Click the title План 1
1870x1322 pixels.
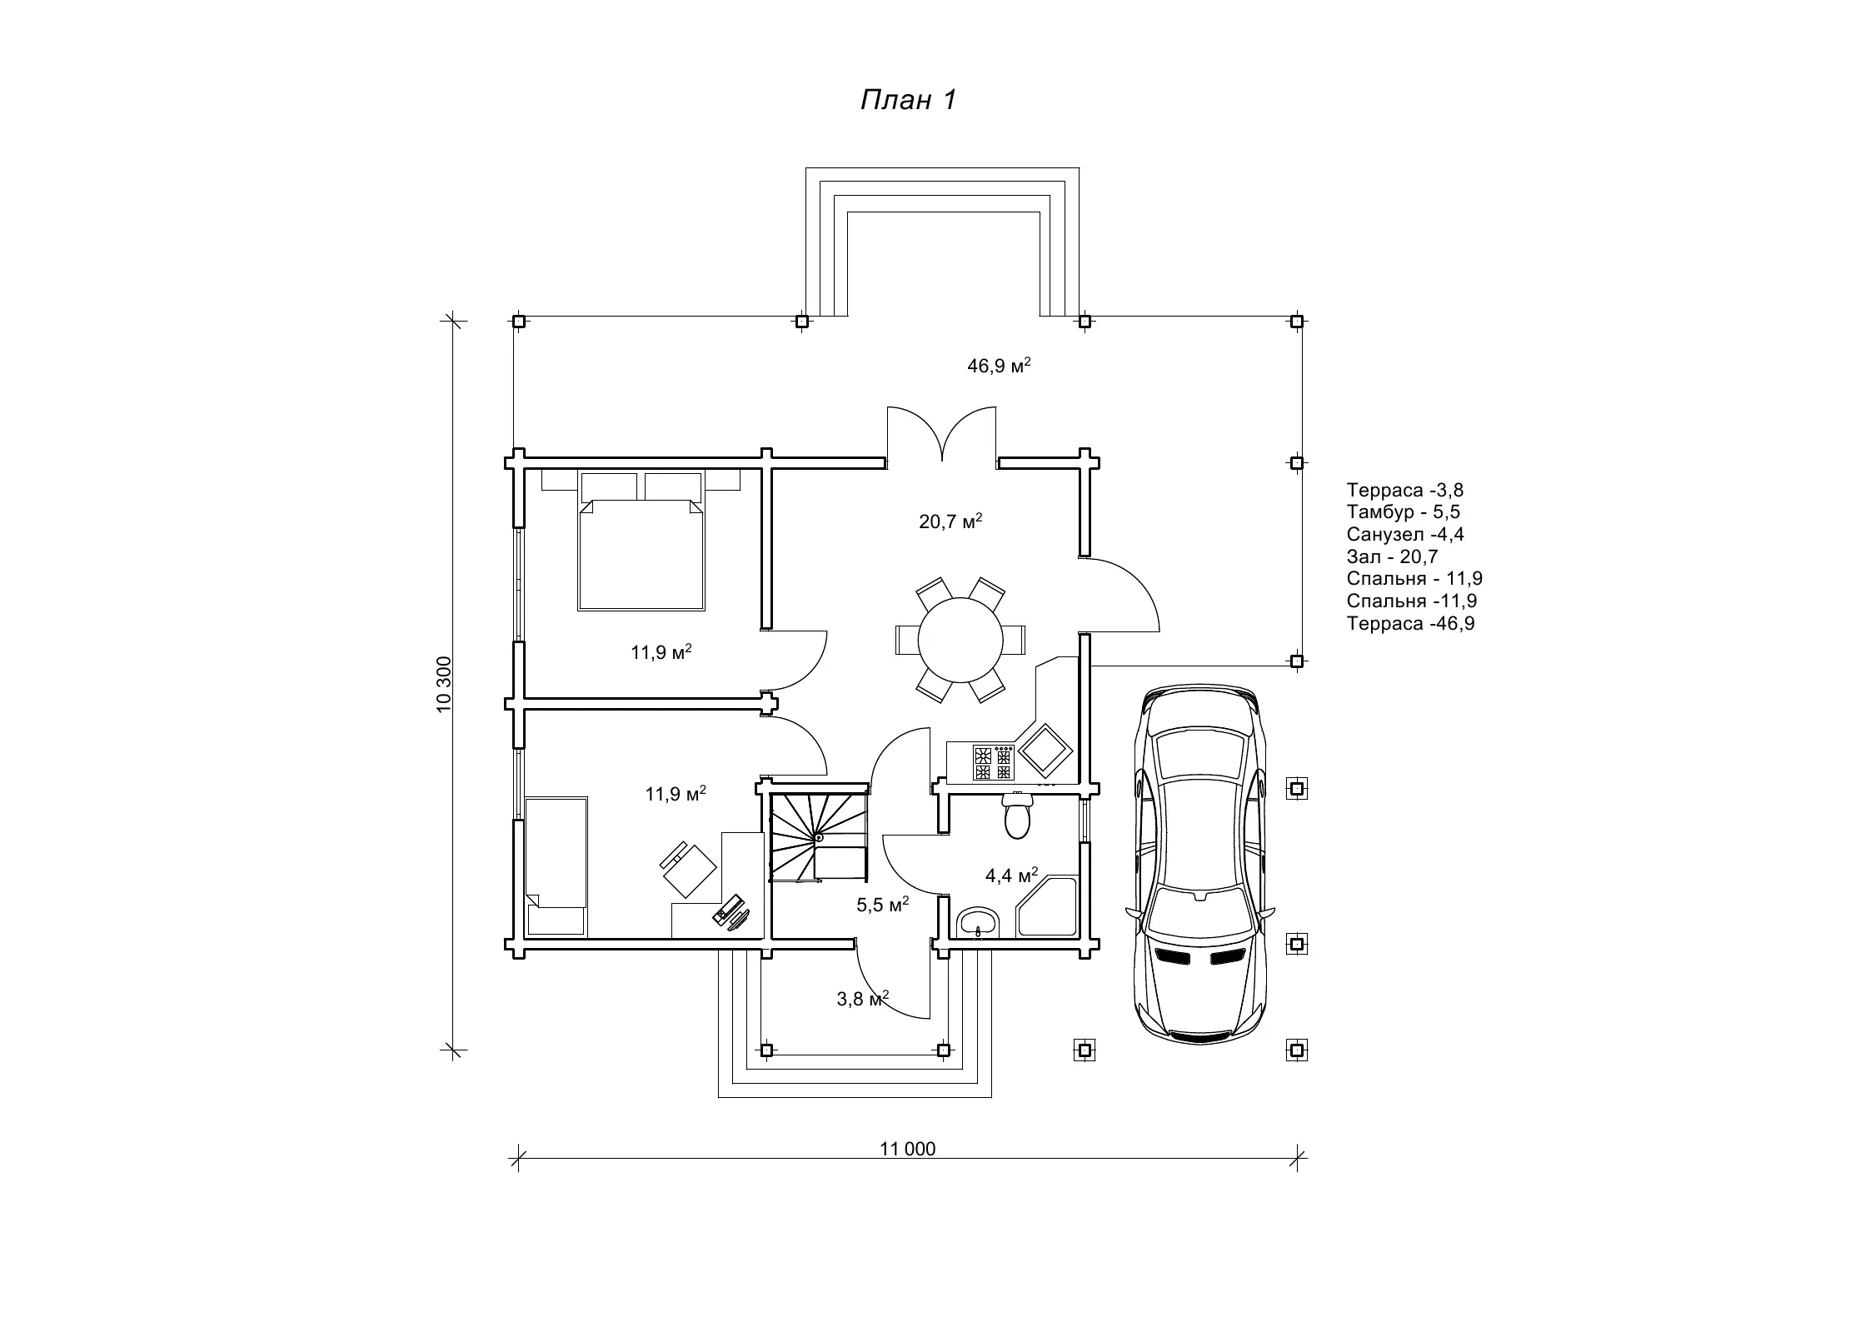[x=908, y=100]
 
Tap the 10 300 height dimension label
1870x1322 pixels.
[x=443, y=684]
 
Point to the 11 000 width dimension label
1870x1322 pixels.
[x=908, y=1149]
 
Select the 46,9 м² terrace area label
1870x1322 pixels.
[x=999, y=365]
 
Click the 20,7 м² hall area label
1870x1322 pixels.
[x=950, y=521]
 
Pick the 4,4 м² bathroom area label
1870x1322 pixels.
[x=1011, y=875]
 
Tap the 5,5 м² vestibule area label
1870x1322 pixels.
[x=882, y=904]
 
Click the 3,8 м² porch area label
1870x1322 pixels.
[x=862, y=998]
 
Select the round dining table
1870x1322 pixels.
[x=960, y=640]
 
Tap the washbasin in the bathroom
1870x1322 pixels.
[x=980, y=922]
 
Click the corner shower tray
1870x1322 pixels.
[x=1048, y=906]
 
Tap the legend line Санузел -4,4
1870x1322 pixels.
[x=1404, y=534]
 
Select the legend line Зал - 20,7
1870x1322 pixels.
[x=1392, y=556]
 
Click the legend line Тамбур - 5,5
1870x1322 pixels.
[x=1403, y=511]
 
